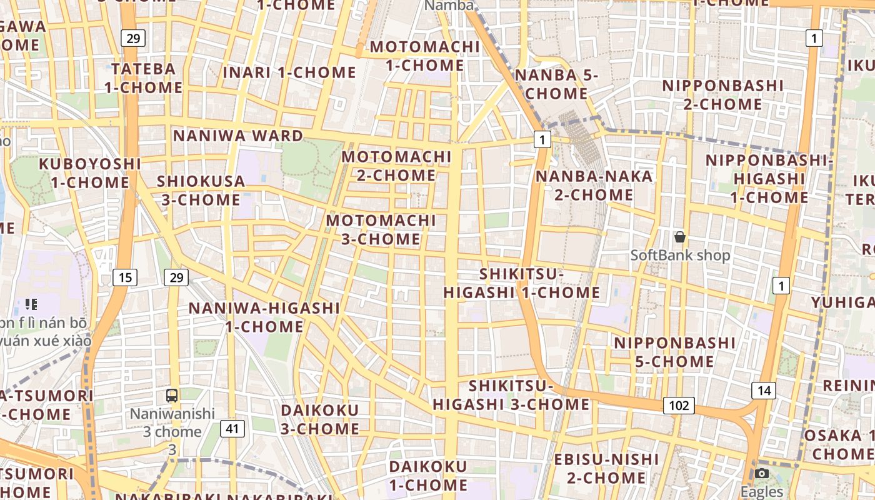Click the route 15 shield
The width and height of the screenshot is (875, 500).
pyautogui.click(x=125, y=277)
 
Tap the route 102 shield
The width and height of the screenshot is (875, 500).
pyautogui.click(x=679, y=406)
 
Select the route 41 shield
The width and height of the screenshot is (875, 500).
pyautogui.click(x=232, y=429)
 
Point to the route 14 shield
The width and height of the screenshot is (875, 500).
pyautogui.click(x=764, y=391)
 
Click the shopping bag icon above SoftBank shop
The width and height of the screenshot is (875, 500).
pyautogui.click(x=680, y=237)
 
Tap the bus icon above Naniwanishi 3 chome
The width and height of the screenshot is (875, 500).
pyautogui.click(x=172, y=395)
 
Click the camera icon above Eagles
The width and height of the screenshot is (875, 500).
pyautogui.click(x=761, y=473)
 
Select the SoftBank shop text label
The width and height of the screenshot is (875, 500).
pyautogui.click(x=680, y=255)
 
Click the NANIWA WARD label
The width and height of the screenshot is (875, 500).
pyautogui.click(x=238, y=136)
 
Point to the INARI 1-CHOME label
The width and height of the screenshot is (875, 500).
pyautogui.click(x=289, y=72)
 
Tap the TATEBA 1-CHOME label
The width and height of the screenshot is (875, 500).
pyautogui.click(x=143, y=77)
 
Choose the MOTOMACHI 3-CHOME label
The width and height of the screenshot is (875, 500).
pyautogui.click(x=381, y=229)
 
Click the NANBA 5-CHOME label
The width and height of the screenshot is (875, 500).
pyautogui.click(x=556, y=84)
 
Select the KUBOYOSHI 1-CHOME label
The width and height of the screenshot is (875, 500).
pyautogui.click(x=90, y=173)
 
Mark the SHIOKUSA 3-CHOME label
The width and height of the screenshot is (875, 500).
pyautogui.click(x=201, y=190)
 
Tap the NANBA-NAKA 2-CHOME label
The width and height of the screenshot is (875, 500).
pyautogui.click(x=594, y=185)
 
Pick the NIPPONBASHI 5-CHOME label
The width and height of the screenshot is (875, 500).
pyautogui.click(x=674, y=352)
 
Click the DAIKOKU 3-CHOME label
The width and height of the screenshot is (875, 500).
pyautogui.click(x=320, y=419)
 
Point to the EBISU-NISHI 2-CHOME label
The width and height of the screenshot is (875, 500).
pyautogui.click(x=606, y=469)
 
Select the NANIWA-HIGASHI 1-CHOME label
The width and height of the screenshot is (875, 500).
pyautogui.click(x=264, y=317)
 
